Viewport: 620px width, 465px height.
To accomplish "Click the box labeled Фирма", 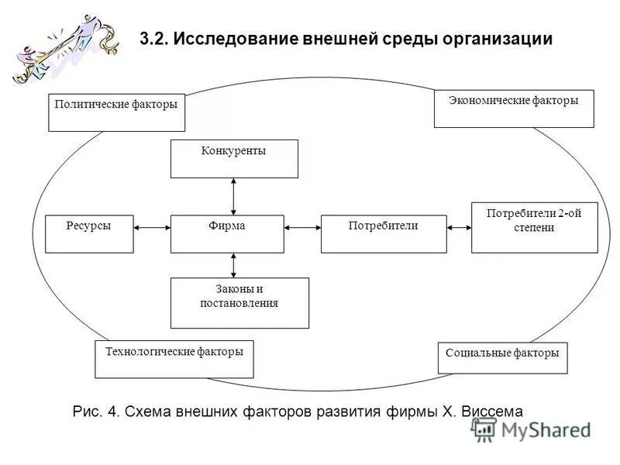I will pos(227,234).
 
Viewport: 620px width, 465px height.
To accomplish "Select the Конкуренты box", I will pos(234,159).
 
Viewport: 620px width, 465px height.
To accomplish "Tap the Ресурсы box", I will pos(89,234).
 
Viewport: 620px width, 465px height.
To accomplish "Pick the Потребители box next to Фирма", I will pos(384,234).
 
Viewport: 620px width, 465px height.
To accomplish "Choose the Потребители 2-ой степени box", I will pos(534,227).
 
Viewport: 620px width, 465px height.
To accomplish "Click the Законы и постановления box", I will pos(239,302).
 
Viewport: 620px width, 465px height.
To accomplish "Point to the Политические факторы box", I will pos(116,112).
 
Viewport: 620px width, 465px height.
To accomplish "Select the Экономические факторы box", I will pos(514,108).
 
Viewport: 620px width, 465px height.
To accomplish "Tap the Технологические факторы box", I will pos(174,359).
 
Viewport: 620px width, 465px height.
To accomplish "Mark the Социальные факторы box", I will pos(502,358).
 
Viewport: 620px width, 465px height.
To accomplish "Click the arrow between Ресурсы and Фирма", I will pos(152,228).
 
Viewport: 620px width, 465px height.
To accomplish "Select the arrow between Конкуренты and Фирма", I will pos(233,196).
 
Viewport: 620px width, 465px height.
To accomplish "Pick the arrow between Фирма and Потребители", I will pos(302,228).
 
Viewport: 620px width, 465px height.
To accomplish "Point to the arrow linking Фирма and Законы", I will pos(233,265).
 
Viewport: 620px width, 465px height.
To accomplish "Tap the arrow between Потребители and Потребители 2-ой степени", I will pos(459,228).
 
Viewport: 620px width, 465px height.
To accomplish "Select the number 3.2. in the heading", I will pos(154,39).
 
